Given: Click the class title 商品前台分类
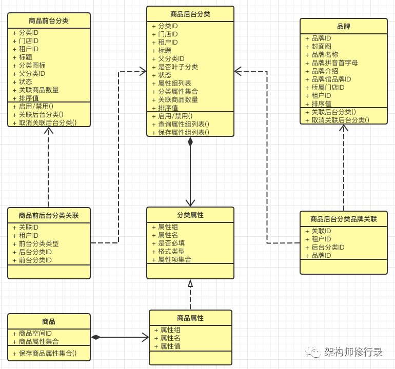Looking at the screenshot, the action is pos(49,20).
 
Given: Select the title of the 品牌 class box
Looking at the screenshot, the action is pos(344,26).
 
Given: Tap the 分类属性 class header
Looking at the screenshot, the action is pos(190,215).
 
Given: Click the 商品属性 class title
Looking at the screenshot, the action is pos(190,318).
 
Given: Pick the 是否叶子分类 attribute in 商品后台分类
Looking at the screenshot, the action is pos(178,67).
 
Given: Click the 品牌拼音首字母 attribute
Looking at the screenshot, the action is pos(334,63).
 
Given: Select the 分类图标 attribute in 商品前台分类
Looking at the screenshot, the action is pos(32,66).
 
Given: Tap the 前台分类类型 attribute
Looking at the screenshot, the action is pos(39,243).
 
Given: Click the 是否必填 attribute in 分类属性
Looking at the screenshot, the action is pos(171,243).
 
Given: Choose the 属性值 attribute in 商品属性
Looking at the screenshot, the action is pos(170,346).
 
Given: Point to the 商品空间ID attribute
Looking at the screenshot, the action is pos(35,334).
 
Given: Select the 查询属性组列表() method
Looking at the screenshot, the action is pos(184,125).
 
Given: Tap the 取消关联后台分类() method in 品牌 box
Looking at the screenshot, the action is pos(340,120).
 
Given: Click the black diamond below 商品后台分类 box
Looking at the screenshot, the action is pos(190,141).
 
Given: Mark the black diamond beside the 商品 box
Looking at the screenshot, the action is pos(95,337).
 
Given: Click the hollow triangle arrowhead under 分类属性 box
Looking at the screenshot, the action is pos(190,283).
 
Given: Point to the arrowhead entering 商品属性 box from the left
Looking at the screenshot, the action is pos(146,337).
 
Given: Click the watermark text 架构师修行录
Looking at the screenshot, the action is pos(353,352).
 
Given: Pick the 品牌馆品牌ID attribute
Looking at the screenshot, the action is pos(331,79).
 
